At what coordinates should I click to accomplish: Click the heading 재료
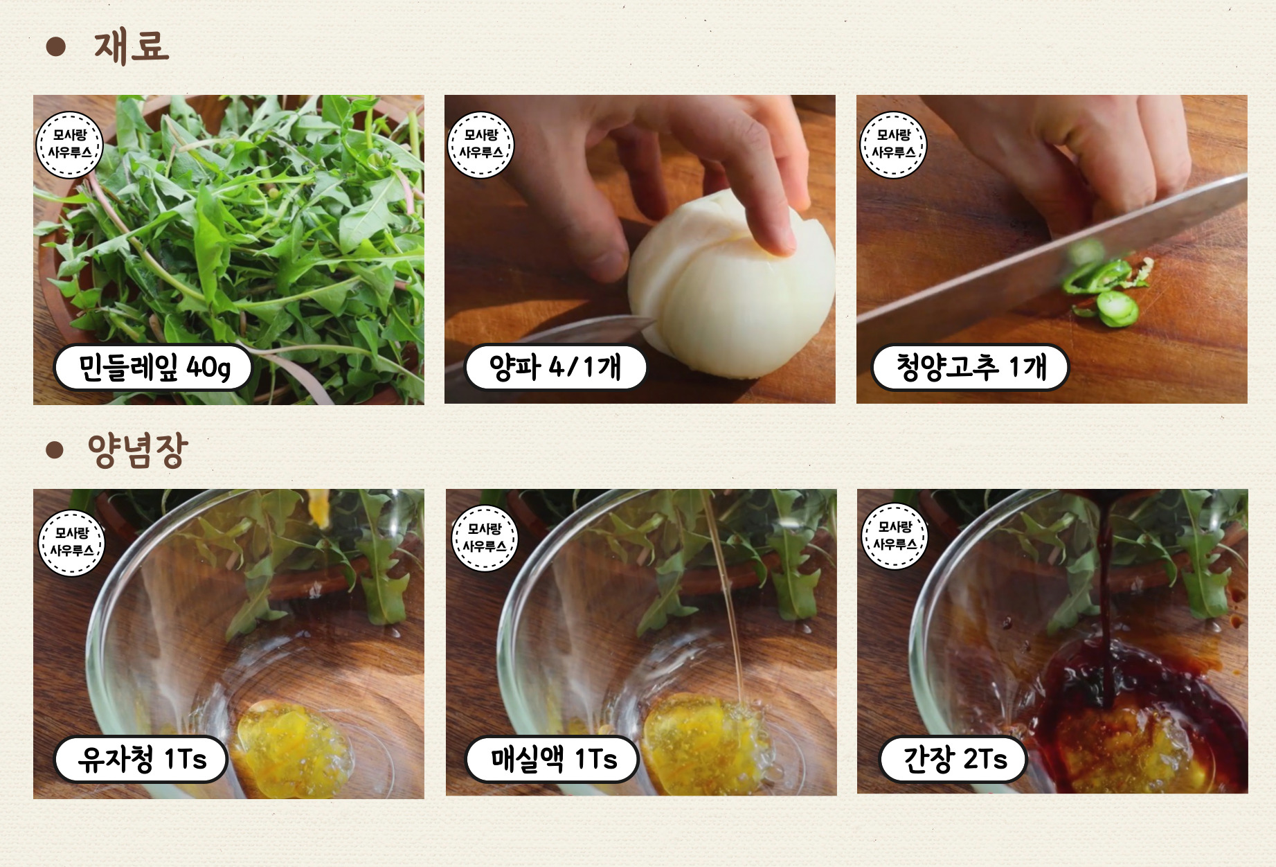pyautogui.click(x=132, y=47)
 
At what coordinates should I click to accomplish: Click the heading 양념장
pyautogui.click(x=137, y=450)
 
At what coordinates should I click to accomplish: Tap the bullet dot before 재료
pyautogui.click(x=55, y=46)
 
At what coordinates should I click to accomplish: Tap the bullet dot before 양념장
pyautogui.click(x=55, y=450)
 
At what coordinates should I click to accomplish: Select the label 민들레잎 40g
pyautogui.click(x=153, y=367)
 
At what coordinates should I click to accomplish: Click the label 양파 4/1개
pyautogui.click(x=555, y=367)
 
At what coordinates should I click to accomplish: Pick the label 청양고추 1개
pyautogui.click(x=970, y=367)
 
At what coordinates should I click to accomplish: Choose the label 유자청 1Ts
pyautogui.click(x=141, y=759)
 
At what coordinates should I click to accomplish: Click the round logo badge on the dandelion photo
pyautogui.click(x=69, y=145)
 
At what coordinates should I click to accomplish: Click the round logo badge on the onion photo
pyautogui.click(x=481, y=145)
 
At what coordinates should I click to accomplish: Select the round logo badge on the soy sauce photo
pyautogui.click(x=895, y=536)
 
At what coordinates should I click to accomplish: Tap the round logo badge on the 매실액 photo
pyautogui.click(x=485, y=538)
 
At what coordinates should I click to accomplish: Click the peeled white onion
pyautogui.click(x=730, y=291)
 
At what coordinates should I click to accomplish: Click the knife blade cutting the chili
pyautogui.click(x=1052, y=253)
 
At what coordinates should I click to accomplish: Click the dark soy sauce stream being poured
pyautogui.click(x=1106, y=596)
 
